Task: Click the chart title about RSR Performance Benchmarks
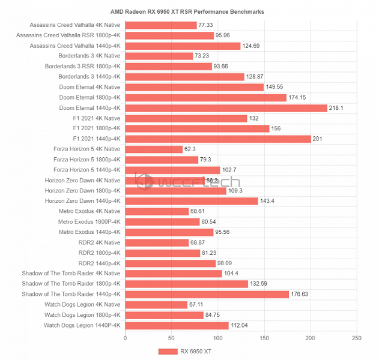click(x=187, y=11)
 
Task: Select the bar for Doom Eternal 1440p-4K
click(x=226, y=108)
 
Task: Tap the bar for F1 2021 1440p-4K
click(x=218, y=139)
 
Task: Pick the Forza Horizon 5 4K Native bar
click(x=154, y=149)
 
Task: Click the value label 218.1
click(x=336, y=108)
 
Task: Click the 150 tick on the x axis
click(x=264, y=338)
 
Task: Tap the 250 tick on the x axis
click(x=356, y=338)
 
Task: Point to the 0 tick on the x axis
click(x=125, y=338)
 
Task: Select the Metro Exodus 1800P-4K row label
click(x=89, y=222)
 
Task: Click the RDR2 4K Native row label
click(x=99, y=242)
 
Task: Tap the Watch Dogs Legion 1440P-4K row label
click(x=82, y=325)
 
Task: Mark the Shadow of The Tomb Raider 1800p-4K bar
click(x=186, y=284)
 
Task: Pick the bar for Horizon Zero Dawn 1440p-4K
click(x=191, y=201)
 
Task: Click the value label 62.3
click(x=191, y=149)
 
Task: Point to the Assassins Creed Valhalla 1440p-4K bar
click(x=183, y=46)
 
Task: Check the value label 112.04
click(x=240, y=325)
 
